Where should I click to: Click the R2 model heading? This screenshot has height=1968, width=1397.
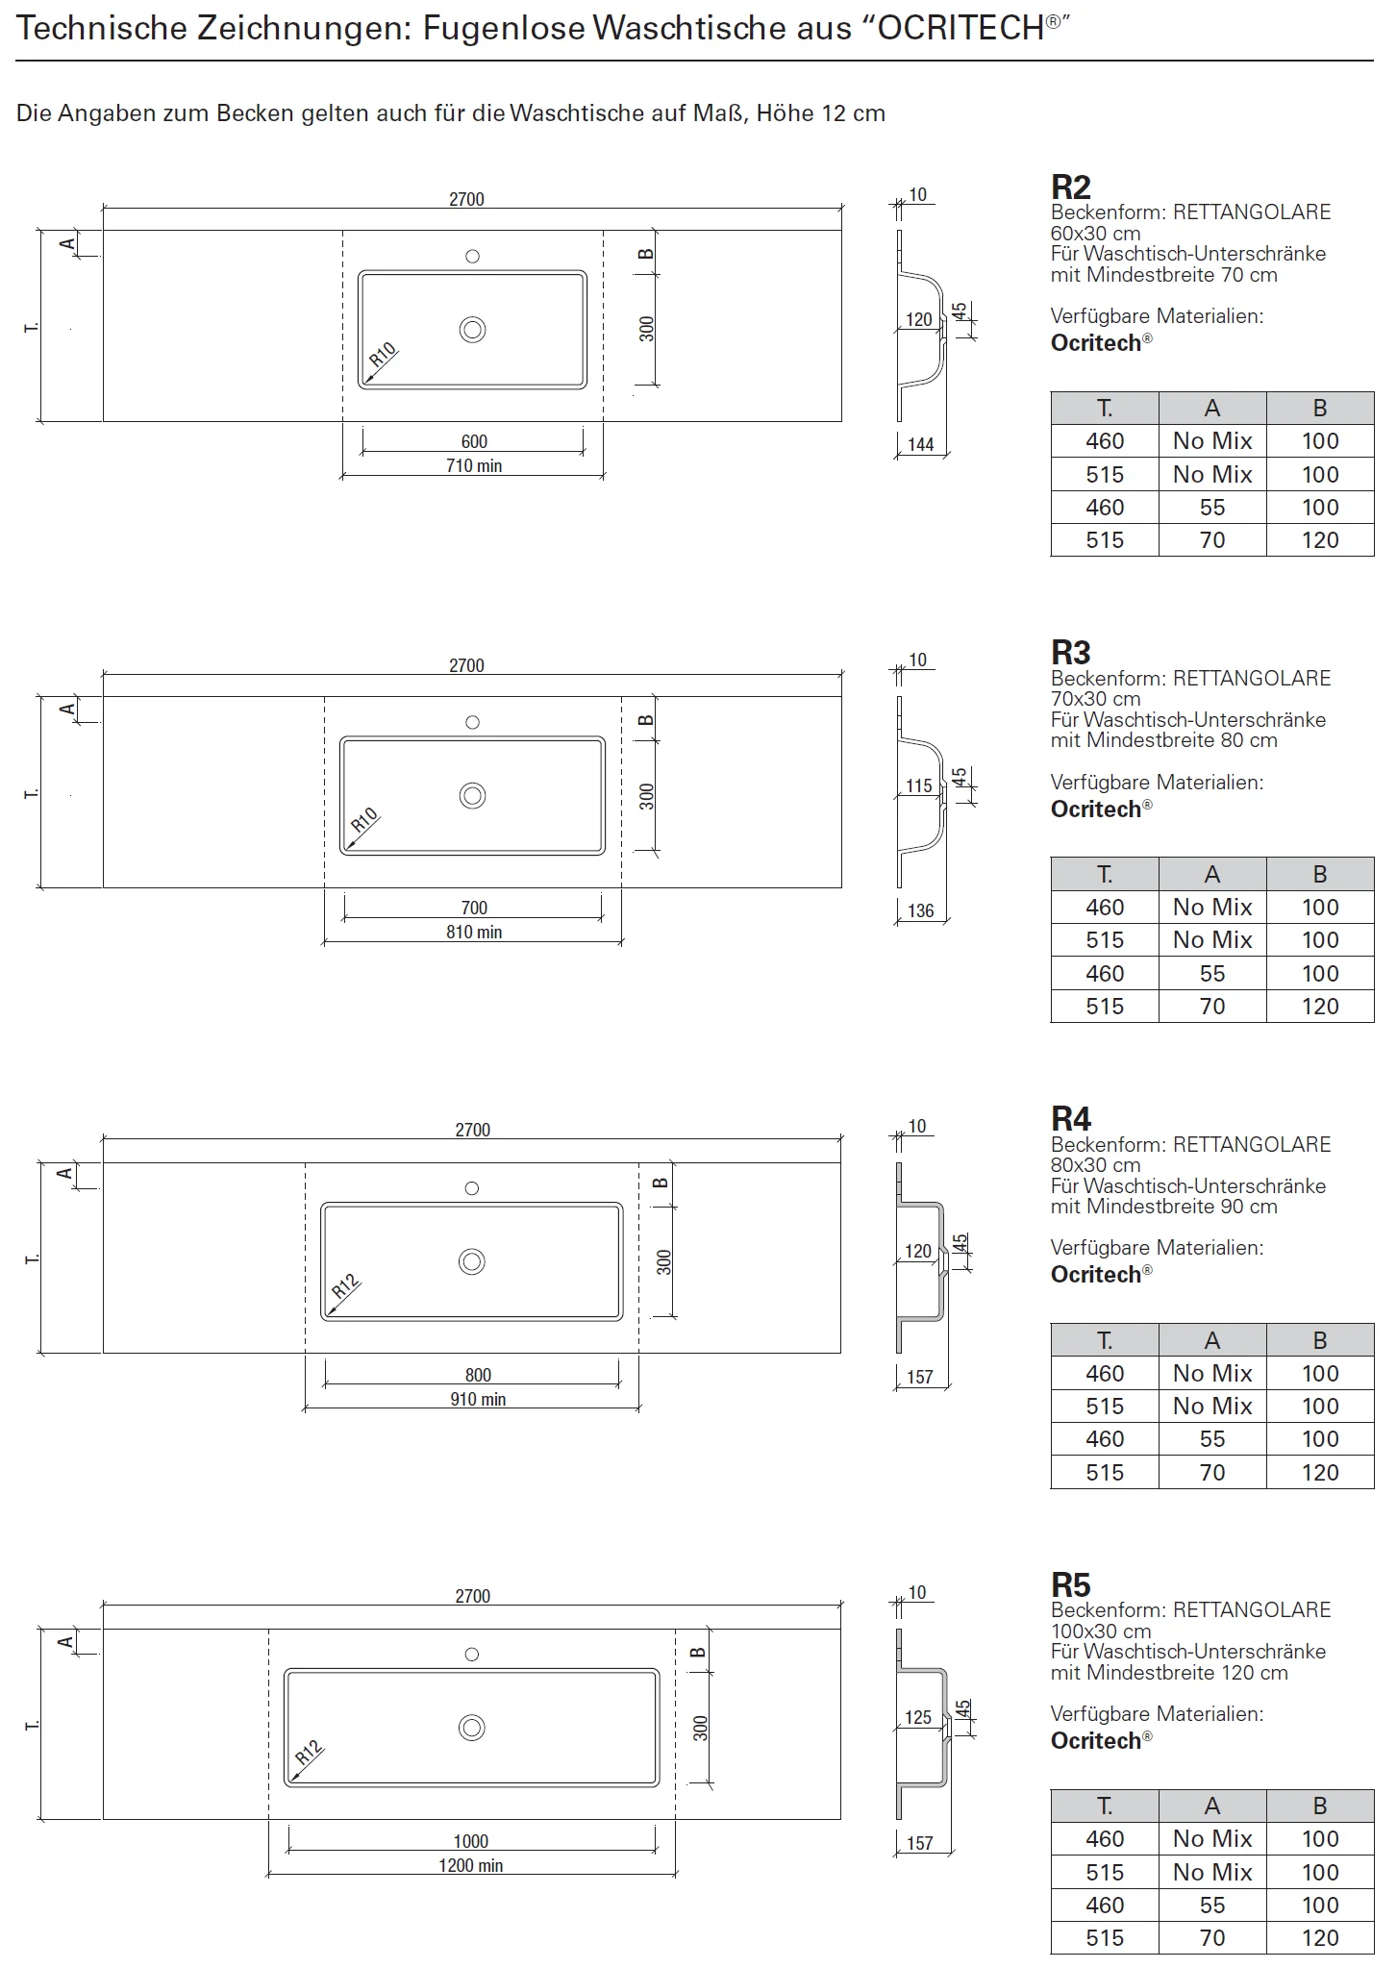(x=1070, y=187)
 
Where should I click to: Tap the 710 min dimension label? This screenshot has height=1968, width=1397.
(x=474, y=466)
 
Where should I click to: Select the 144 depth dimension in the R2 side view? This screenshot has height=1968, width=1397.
(x=921, y=444)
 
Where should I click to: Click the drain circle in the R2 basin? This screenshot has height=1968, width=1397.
(x=472, y=330)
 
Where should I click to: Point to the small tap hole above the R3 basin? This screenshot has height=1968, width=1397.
(x=472, y=722)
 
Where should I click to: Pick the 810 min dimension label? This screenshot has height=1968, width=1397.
(x=474, y=932)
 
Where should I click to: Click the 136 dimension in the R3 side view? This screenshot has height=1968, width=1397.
(x=921, y=910)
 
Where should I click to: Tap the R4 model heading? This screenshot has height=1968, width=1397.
(x=1070, y=1119)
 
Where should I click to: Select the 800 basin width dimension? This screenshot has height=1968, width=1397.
(x=478, y=1375)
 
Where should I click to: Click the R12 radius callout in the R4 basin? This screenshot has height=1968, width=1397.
(x=344, y=1286)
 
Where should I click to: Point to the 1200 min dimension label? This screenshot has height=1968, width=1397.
(x=471, y=1865)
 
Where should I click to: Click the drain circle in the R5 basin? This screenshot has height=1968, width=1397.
(x=472, y=1728)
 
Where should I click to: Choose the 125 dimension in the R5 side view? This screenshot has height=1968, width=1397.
(x=918, y=1717)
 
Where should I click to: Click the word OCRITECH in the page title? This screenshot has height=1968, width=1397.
(x=960, y=29)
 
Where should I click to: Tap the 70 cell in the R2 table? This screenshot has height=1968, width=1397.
(x=1212, y=540)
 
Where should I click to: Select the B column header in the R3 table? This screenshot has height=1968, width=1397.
(x=1320, y=874)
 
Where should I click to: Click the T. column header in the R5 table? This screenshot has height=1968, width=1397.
(x=1105, y=1806)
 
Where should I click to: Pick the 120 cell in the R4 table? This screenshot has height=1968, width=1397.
(x=1320, y=1472)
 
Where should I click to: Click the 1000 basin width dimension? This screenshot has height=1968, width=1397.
(x=471, y=1841)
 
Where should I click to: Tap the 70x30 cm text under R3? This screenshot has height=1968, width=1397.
(x=1096, y=699)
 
